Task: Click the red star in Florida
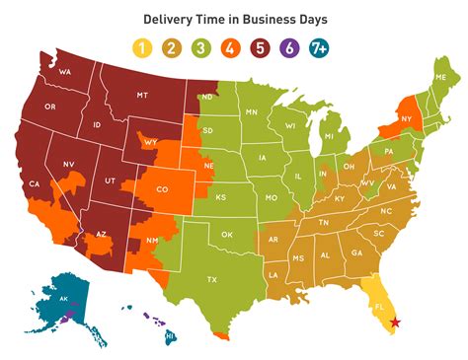tap(396, 322)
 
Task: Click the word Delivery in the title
tap(170, 18)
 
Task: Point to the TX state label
tap(212, 279)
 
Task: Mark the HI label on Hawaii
tap(170, 335)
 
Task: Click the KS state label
tap(221, 197)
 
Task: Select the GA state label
tap(356, 253)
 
